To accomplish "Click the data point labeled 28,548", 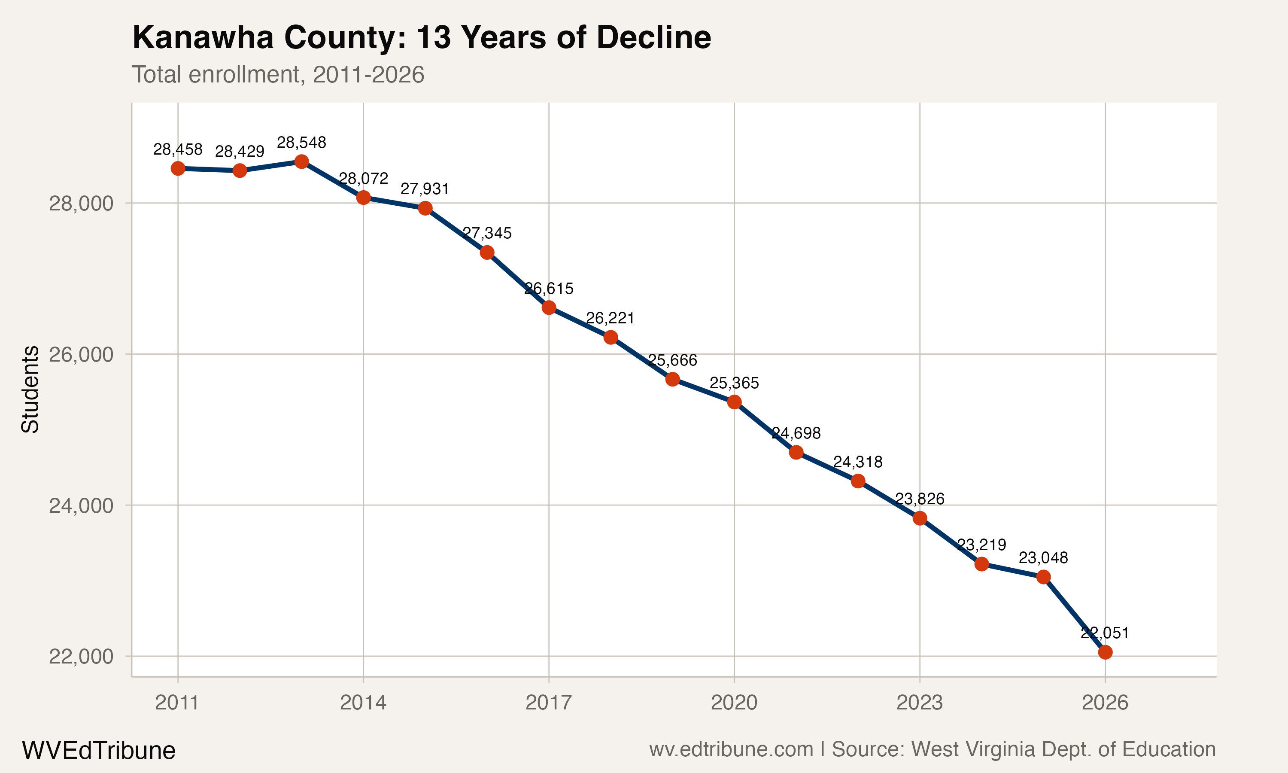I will [x=301, y=161].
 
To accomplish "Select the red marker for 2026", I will [x=1105, y=652].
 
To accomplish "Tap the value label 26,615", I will [x=549, y=289].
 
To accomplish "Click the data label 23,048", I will [x=1043, y=558].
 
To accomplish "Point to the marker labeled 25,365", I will [x=735, y=402].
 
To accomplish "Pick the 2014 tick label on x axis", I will [x=363, y=703].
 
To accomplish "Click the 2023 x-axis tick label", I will [x=919, y=703].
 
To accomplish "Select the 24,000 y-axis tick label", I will [x=81, y=505].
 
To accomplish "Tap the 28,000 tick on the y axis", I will [x=81, y=203].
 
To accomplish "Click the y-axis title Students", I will [x=30, y=389].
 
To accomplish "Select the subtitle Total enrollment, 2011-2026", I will [x=278, y=74].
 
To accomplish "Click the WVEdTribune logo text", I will [x=98, y=751].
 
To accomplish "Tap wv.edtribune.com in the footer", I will [x=731, y=749].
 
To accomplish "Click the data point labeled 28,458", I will [x=178, y=168].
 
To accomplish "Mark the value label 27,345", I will [x=487, y=233].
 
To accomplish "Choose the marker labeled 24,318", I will [x=858, y=481].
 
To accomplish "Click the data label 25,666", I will [x=673, y=360].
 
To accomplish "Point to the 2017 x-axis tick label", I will [x=549, y=703].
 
